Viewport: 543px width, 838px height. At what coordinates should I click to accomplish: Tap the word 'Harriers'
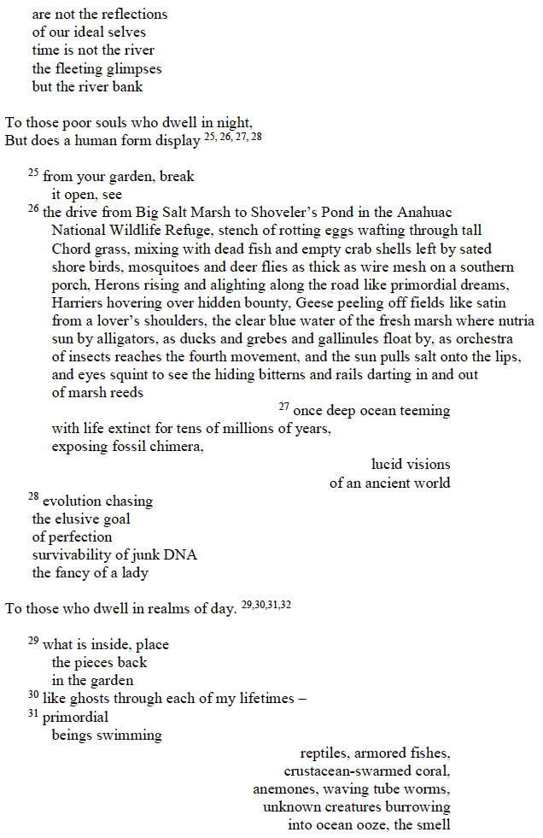(x=78, y=302)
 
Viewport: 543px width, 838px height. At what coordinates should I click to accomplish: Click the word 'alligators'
(x=122, y=338)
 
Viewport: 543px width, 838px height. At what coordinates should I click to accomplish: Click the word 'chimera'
(x=174, y=447)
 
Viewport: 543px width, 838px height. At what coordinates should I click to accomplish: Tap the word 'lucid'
(x=388, y=465)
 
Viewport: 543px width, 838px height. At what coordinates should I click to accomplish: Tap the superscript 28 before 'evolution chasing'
(x=33, y=497)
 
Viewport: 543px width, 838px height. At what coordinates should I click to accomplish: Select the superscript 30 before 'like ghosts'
(x=33, y=695)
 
